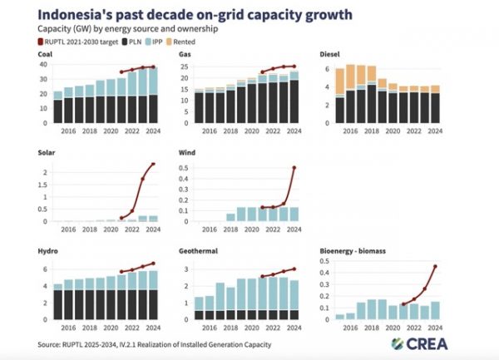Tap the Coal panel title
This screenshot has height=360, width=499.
(47, 54)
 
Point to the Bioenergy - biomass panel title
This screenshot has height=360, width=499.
(356, 249)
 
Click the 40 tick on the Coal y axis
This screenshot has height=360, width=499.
(44, 64)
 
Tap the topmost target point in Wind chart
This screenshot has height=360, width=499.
(294, 168)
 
